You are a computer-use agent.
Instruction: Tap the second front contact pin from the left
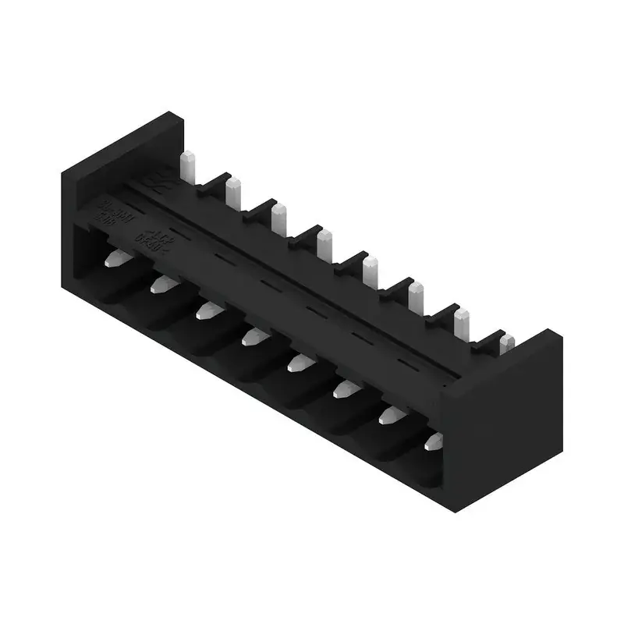point(161,284)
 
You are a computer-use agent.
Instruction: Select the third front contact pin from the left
point(207,311)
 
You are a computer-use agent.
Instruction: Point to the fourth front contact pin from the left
point(253,337)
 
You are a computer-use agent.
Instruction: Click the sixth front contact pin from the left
point(343,388)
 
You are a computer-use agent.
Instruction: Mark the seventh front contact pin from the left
point(388,415)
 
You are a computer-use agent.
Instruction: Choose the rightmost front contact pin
point(433,442)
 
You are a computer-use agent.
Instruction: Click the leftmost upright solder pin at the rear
point(187,165)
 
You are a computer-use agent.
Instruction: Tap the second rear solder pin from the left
point(232,192)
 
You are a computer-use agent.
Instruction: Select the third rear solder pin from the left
point(278,218)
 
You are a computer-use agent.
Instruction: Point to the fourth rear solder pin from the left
point(324,244)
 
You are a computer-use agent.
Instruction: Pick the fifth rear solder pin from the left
point(370,271)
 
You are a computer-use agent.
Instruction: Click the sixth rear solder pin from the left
point(416,297)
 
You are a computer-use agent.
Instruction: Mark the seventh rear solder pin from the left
point(462,323)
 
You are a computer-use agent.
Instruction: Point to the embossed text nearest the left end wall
point(107,211)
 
